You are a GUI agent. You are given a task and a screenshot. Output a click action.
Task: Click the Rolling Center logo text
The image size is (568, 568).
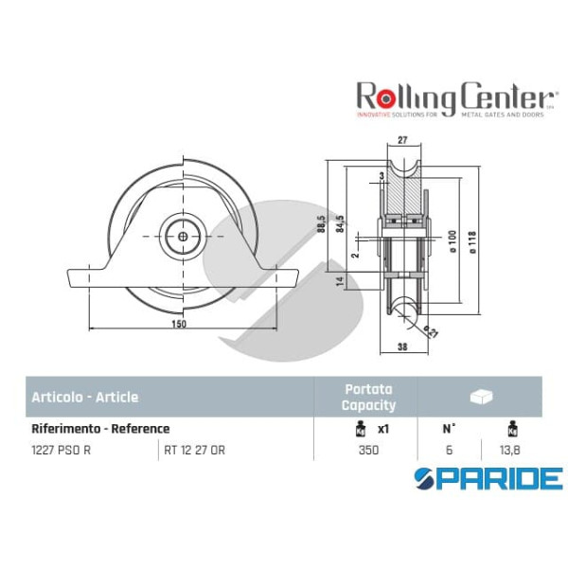[454, 95]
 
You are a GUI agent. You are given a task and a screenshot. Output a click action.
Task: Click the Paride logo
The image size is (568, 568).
[488, 477]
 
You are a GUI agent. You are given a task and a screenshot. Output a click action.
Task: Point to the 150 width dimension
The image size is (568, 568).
[180, 323]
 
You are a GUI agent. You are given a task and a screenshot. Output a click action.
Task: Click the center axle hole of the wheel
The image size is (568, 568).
[180, 233]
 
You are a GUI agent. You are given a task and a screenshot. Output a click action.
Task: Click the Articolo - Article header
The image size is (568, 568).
[84, 397]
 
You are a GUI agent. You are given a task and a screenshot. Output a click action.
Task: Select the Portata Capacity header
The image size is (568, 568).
[368, 397]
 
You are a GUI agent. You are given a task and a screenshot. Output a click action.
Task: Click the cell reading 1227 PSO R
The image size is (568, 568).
[62, 450]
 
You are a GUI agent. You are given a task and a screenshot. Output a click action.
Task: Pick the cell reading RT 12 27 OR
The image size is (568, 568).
[195, 450]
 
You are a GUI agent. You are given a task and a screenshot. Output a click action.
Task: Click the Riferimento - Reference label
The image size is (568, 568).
[100, 428]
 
